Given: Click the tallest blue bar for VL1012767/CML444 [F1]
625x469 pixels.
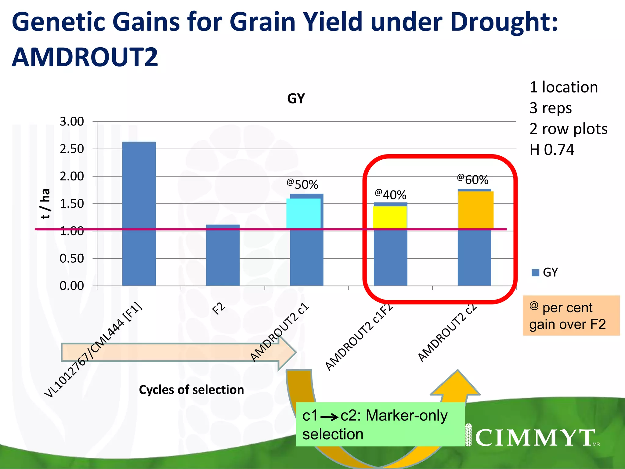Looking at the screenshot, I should coord(139,214).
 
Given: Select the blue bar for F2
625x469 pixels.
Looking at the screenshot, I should coord(223,256).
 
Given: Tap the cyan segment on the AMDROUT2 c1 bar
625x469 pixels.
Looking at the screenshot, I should coord(303,213).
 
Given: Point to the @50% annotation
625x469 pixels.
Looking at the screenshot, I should coord(302,184).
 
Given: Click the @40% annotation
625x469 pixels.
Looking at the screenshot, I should coord(391,195).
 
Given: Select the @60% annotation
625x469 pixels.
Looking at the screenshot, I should coord(473,180).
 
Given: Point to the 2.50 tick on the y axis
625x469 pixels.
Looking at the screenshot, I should coord(72,149).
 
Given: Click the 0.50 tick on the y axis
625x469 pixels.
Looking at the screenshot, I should coord(72,258).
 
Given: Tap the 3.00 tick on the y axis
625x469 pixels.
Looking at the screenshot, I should coord(72,122).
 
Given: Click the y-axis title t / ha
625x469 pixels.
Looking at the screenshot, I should coord(45,204).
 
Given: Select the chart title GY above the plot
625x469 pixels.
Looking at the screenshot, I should coord(296,99).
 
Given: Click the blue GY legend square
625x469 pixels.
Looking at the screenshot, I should coord(535,272).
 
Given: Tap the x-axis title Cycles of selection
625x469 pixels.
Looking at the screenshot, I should coord(191,390).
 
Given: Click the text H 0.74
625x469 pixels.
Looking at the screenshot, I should coord(552,150).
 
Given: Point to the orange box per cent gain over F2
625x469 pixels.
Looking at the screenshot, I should coord(571,315).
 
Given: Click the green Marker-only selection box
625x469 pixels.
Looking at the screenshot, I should coord(380,424).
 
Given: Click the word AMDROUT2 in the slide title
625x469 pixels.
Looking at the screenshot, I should coord(85,57).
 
